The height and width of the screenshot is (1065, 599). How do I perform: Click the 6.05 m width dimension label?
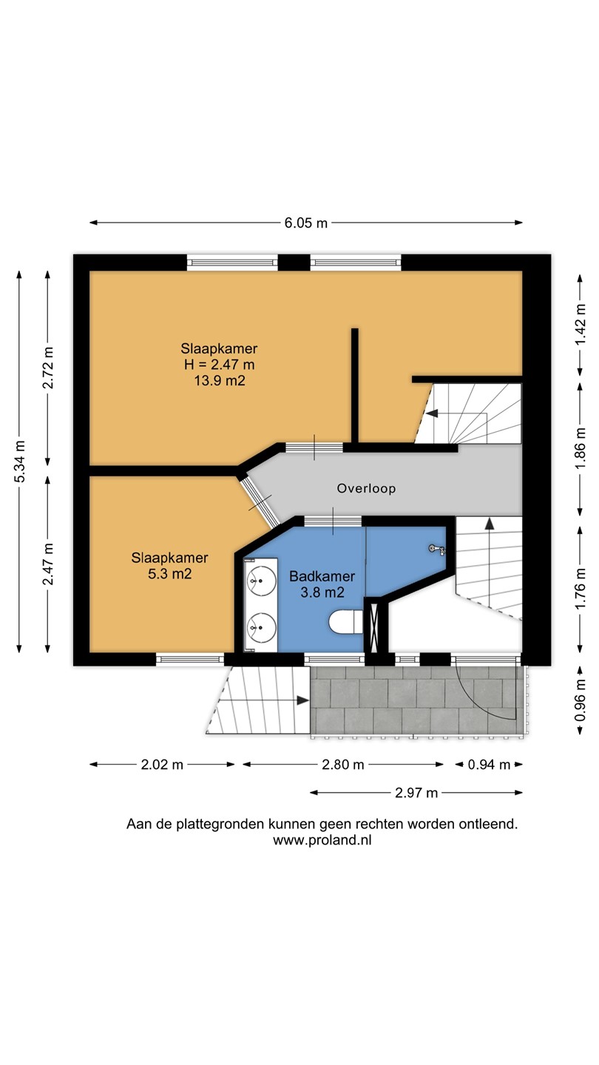305,223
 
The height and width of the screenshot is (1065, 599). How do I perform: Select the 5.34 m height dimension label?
19,461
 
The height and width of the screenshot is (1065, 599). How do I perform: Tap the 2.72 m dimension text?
48,368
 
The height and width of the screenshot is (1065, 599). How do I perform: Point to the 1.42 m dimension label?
581,325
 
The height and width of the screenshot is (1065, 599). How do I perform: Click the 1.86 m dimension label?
581,449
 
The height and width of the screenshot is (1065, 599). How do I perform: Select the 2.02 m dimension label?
162,765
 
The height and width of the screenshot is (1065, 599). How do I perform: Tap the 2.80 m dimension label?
343,765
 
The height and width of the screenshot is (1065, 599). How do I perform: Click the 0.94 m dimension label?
490,765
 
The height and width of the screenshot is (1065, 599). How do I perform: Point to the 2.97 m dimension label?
416,793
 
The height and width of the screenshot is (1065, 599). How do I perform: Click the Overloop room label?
366,488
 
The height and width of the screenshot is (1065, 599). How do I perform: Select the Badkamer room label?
322,576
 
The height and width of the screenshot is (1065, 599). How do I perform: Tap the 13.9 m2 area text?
220,380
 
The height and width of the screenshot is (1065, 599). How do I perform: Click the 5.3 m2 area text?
170,574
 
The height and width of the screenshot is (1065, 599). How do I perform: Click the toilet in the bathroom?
346,623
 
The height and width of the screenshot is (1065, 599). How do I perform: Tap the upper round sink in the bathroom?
261,581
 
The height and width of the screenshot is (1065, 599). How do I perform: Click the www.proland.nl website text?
322,840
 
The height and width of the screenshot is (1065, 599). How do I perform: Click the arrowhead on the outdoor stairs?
303,700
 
